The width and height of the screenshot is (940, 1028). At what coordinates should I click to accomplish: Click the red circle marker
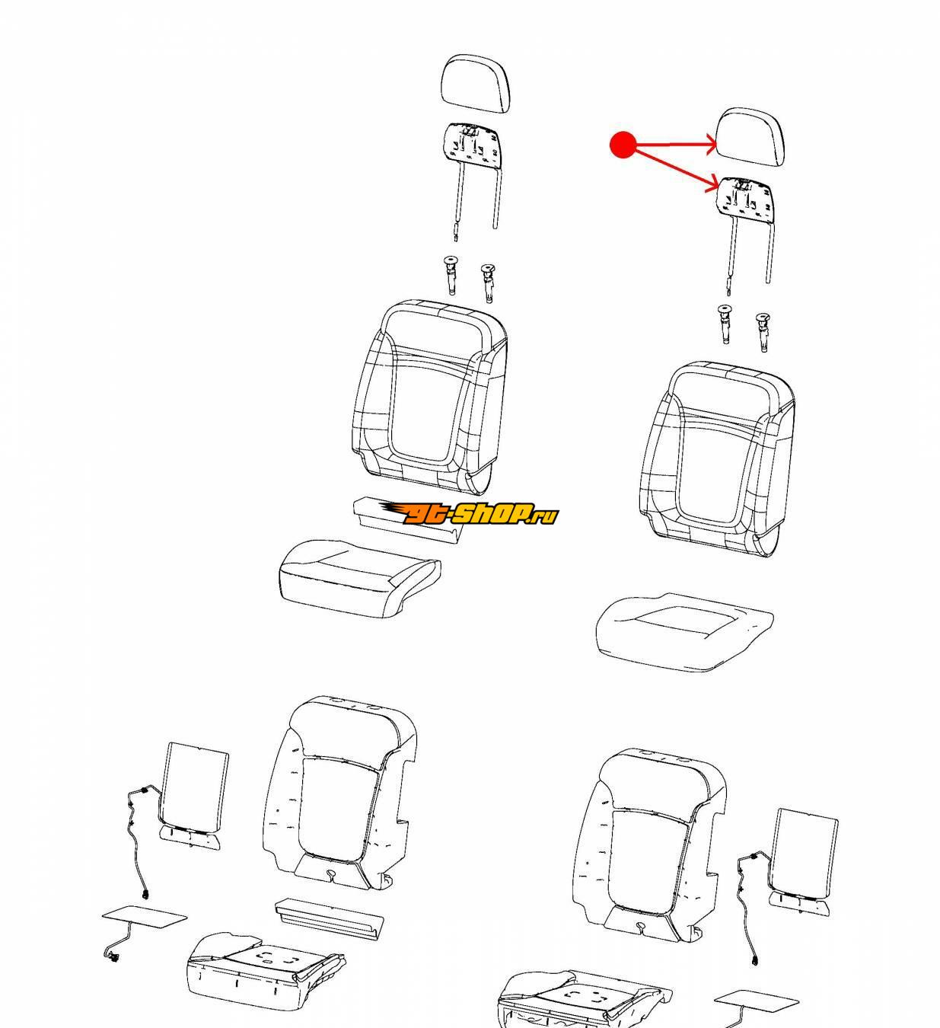click(x=623, y=145)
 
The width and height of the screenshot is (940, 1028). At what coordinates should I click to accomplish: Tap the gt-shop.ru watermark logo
click(x=468, y=513)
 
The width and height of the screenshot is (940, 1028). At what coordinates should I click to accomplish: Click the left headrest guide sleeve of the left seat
click(x=451, y=275)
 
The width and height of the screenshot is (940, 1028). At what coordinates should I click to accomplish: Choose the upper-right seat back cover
click(x=717, y=458)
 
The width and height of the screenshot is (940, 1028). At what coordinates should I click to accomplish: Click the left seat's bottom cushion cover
click(x=358, y=578)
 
